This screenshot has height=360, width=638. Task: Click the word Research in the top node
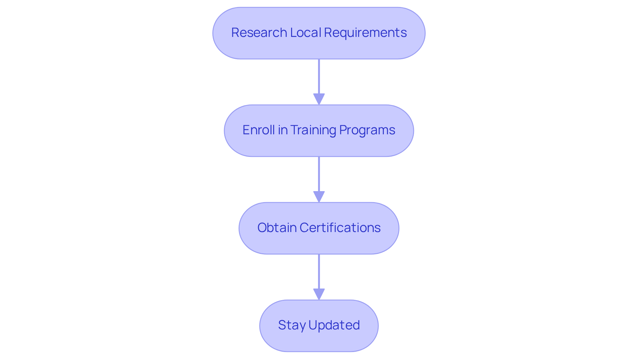[259, 33]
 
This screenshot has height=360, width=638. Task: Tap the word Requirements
[365, 33]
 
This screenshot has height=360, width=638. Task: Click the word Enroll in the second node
[259, 130]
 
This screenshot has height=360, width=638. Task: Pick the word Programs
[367, 130]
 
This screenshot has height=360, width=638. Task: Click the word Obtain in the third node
[277, 228]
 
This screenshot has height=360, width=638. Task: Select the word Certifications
[340, 228]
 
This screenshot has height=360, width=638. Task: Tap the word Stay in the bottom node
[291, 325]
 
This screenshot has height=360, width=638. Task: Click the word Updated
[334, 325]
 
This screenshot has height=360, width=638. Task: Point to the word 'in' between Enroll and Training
[283, 130]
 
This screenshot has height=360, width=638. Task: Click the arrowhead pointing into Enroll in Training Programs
[319, 99]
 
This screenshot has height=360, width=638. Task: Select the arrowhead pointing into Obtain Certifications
[319, 196]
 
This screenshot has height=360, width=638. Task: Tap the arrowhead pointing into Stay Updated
[319, 294]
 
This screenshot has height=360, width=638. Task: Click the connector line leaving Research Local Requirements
[319, 76]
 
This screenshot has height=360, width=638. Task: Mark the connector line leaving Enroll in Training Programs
[319, 174]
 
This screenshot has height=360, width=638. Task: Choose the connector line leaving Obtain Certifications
[319, 272]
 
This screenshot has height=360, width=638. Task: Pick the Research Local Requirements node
[319, 50]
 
